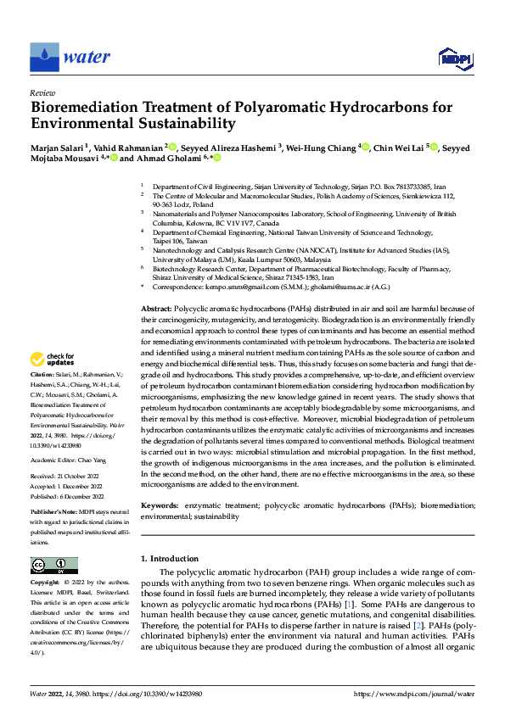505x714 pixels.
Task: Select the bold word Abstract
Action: pos(155,310)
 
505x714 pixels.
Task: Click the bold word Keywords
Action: pos(159,505)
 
